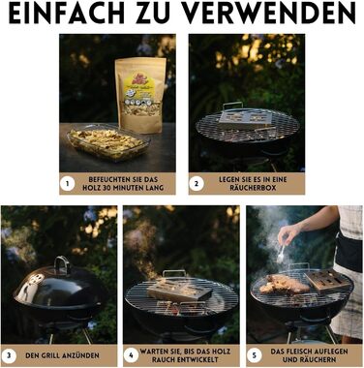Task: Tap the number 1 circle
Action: tap(68, 184)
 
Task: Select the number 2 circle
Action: tap(197, 184)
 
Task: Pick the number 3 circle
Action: tap(9, 355)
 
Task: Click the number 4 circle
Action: tap(131, 355)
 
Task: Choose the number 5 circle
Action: tap(255, 355)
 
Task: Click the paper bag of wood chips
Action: tap(140, 95)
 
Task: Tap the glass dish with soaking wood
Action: tap(107, 142)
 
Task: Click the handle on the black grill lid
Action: tap(62, 264)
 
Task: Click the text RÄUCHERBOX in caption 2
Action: tap(253, 188)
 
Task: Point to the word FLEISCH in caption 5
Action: tap(299, 352)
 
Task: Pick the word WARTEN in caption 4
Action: tap(151, 352)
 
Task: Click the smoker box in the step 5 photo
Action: tap(326, 280)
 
